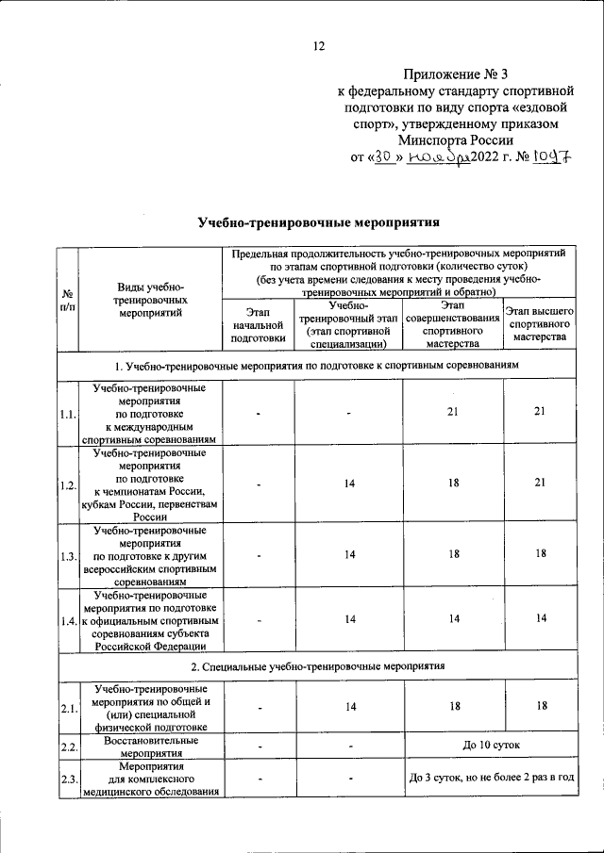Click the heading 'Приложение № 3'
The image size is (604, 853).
(x=456, y=74)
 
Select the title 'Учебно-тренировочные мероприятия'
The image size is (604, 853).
(x=320, y=223)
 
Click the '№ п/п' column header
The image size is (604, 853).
(x=67, y=300)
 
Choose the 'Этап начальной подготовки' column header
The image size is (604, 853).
(x=257, y=323)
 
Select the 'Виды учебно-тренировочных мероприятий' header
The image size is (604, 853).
(x=149, y=301)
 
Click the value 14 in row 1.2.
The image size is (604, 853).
(x=349, y=484)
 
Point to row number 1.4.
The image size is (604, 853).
(x=67, y=620)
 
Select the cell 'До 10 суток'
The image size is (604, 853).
(x=489, y=746)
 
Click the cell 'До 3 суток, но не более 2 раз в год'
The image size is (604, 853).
(x=489, y=779)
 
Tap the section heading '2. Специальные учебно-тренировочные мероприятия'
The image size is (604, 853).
(x=318, y=665)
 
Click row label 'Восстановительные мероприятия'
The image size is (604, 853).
(x=150, y=746)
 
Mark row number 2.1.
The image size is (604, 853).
(x=67, y=707)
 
